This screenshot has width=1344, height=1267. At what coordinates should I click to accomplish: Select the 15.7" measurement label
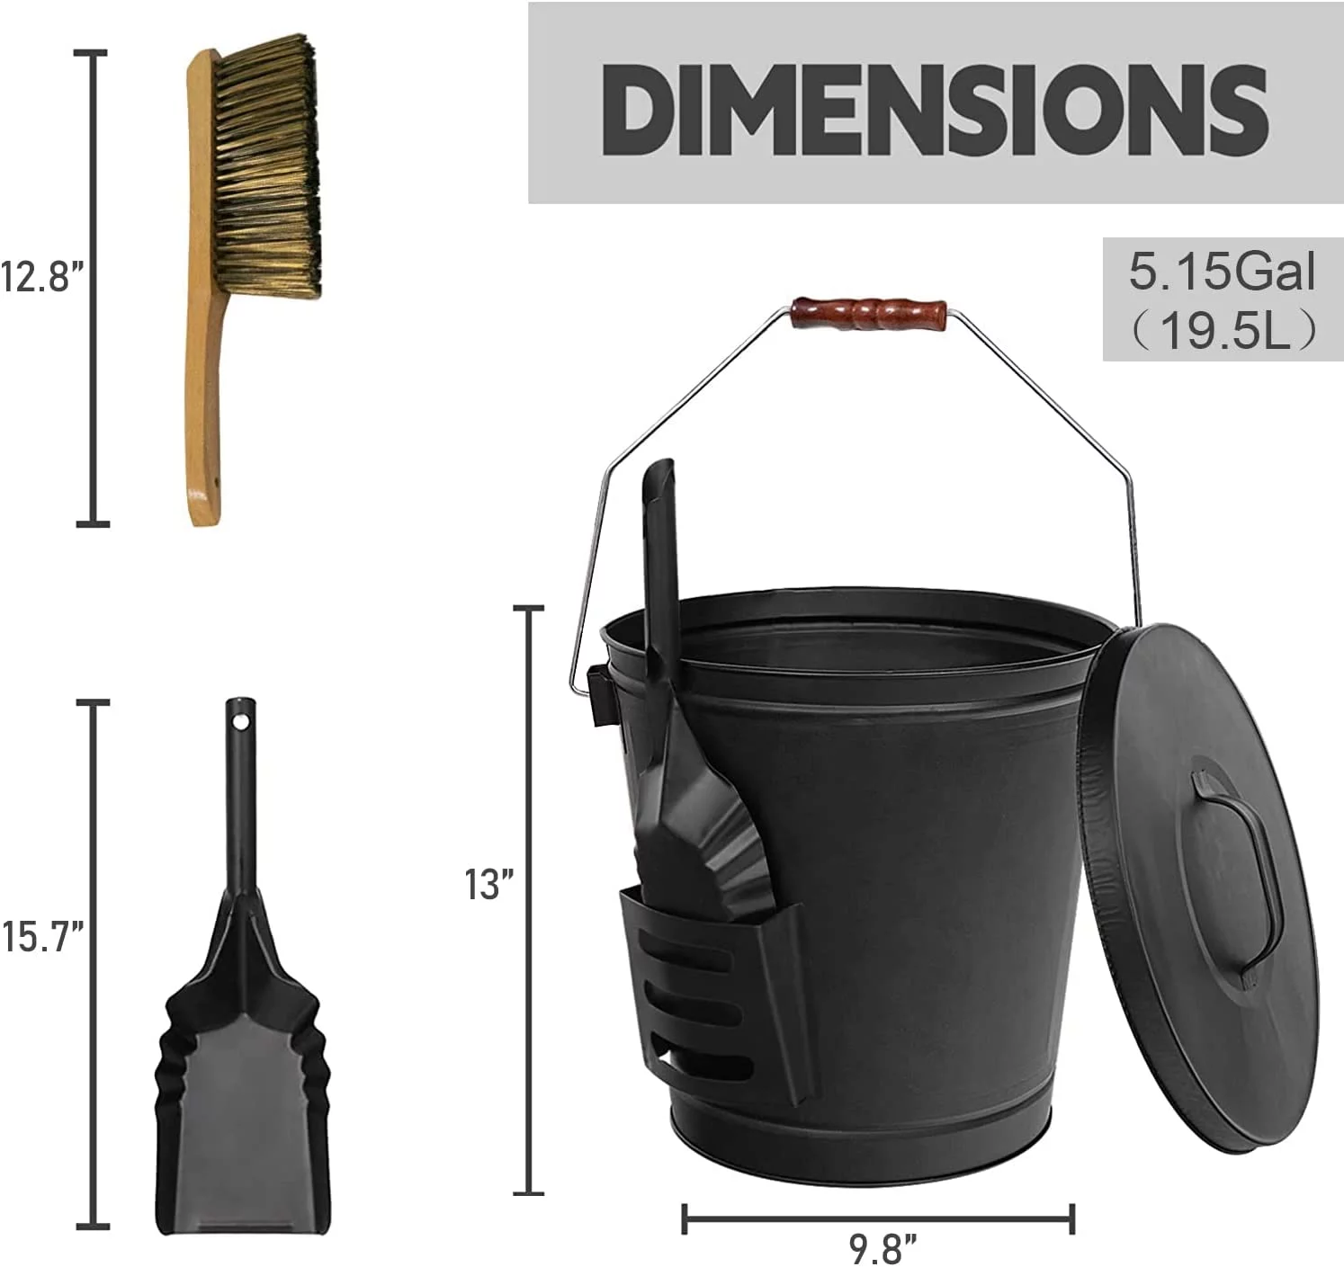pos(43,937)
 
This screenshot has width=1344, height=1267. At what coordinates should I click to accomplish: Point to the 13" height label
pos(488,885)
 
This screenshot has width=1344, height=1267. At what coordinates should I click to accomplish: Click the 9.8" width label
pos(883,1248)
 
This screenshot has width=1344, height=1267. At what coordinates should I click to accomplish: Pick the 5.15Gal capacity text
pos(1222,272)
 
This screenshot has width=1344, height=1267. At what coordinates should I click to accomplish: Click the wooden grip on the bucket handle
pos(869,314)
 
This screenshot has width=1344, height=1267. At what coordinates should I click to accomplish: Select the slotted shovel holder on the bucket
pos(711,989)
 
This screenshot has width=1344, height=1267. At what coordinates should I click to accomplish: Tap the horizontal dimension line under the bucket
pos(877,1219)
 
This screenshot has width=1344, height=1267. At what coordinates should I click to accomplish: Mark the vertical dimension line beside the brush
pos(92,288)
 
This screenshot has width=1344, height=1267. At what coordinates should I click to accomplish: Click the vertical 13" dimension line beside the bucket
pos(529,899)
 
